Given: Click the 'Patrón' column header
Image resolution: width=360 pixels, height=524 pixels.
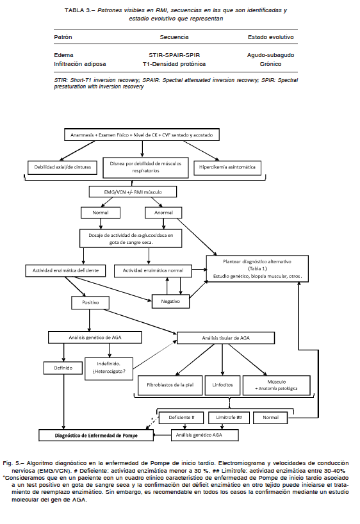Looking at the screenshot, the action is point(63,37).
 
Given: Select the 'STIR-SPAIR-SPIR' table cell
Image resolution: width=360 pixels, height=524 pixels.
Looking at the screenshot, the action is point(174,55).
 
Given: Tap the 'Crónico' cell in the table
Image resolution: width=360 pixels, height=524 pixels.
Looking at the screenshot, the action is point(270,64).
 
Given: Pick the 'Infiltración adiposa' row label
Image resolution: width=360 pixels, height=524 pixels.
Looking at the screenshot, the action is point(80,64).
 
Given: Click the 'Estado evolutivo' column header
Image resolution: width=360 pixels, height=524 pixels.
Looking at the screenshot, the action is point(271,37).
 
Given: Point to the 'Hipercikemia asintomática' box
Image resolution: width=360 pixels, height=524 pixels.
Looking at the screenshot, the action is point(227,167).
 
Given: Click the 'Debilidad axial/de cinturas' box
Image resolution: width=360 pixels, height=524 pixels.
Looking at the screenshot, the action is point(63,167).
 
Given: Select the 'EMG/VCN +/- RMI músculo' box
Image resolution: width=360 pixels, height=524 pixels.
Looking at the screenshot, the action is point(133,192).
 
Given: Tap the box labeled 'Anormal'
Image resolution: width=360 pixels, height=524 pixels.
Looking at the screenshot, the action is point(163,213).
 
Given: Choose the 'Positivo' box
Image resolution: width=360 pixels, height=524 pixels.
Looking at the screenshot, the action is point(90,302).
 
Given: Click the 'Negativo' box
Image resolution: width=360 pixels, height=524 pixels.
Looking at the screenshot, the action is point(170,302).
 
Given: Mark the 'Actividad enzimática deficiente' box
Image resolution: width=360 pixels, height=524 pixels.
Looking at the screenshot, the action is point(65,271).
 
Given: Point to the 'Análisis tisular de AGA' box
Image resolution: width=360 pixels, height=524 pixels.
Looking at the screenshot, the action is point(226,338).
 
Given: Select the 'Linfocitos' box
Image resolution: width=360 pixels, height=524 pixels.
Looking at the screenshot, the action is point(223,385).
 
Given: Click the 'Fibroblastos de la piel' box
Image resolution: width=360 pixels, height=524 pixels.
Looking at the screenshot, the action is point(170,385).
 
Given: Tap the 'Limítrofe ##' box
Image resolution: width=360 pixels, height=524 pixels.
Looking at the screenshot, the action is point(229,418).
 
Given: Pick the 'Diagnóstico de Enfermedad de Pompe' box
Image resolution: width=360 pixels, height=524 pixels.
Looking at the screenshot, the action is point(96,436).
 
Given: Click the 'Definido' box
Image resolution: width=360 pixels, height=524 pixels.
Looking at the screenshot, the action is point(63,368).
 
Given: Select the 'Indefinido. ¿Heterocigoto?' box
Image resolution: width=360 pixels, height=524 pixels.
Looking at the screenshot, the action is point(109,369).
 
